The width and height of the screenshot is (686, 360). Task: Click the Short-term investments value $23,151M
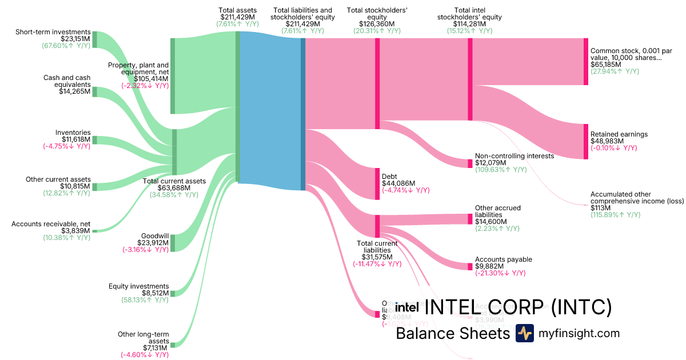(x=75, y=38)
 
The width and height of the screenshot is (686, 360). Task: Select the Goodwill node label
(x=155, y=235)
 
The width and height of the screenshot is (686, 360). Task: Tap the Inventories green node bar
(x=95, y=139)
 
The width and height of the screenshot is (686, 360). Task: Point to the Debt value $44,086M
(x=397, y=183)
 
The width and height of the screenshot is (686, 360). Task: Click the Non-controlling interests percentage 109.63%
(x=500, y=170)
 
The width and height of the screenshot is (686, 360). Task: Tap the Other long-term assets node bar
(x=173, y=345)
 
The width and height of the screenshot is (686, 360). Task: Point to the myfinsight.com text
(x=579, y=333)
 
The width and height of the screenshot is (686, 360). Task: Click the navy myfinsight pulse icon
(x=524, y=333)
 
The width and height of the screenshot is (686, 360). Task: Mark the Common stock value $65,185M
(x=607, y=65)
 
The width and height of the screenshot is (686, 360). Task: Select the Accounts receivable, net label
(x=51, y=223)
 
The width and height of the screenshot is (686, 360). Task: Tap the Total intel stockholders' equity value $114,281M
(x=469, y=24)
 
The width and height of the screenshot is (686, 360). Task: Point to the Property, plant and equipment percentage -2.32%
(x=145, y=86)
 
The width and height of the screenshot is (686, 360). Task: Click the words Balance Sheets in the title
(x=453, y=333)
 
